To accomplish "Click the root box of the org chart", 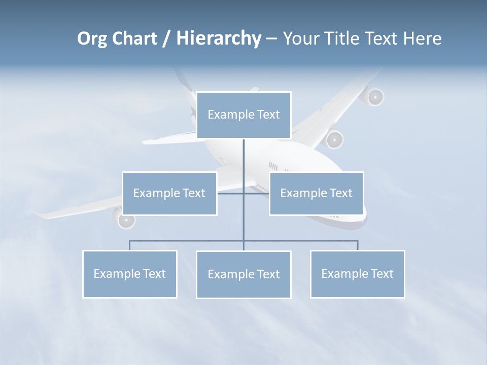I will [243, 115].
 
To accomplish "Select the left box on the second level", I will [169, 193].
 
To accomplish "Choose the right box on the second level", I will [316, 193].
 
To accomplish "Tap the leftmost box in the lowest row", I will [130, 274].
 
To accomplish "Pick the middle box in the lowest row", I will [243, 274].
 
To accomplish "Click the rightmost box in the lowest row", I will [357, 274].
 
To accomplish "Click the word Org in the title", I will [92, 39].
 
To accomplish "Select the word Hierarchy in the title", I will [219, 39].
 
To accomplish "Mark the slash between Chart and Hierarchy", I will [167, 39].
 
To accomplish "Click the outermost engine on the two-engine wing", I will [374, 97].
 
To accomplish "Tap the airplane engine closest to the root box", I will [334, 139].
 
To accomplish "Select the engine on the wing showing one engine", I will [125, 220].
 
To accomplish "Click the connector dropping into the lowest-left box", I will [130, 245].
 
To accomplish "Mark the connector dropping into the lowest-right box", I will [358, 245].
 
